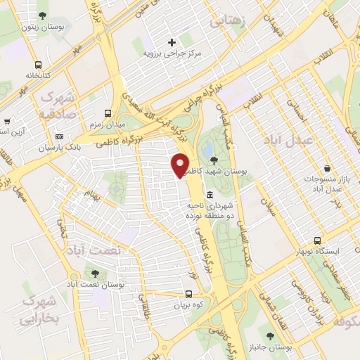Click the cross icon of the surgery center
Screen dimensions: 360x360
tap(172, 42)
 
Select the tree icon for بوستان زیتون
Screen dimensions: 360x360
tap(44, 15)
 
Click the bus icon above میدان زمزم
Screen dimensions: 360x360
tap(107, 112)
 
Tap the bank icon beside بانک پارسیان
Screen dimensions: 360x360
tap(59, 136)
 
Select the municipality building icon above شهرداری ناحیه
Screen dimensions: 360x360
tap(210, 195)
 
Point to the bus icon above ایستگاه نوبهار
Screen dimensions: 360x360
tap(320, 240)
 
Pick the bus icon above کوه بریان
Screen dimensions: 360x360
tap(188, 295)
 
